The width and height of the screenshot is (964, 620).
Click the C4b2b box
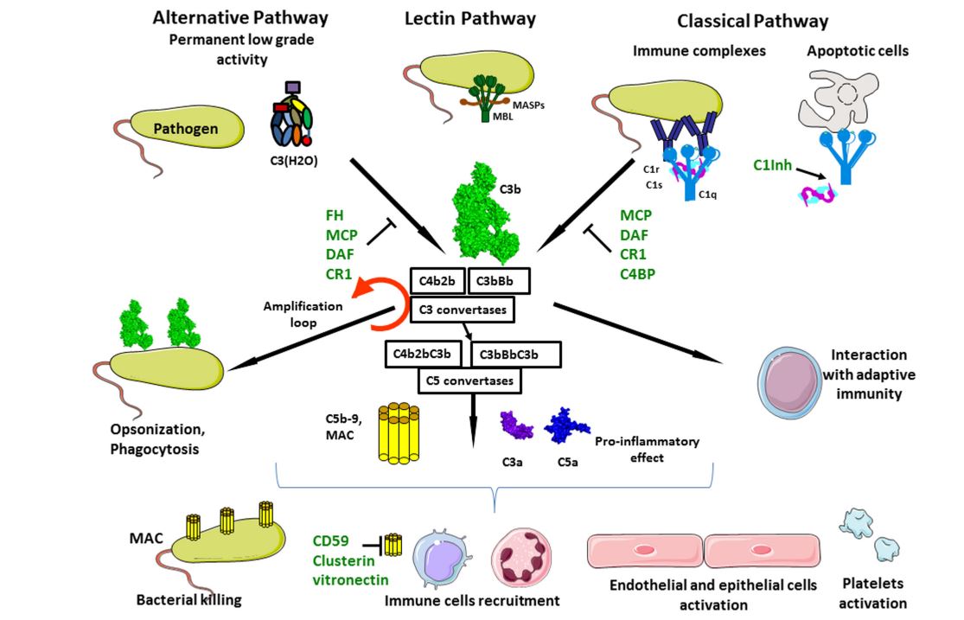click(437, 281)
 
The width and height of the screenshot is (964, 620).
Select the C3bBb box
click(499, 281)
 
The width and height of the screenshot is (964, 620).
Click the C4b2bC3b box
click(425, 353)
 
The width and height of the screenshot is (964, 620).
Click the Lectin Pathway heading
click(470, 19)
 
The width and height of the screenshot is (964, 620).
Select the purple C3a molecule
click(517, 425)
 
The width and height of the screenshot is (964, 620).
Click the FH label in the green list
click(335, 215)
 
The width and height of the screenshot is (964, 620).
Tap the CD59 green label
click(331, 542)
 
